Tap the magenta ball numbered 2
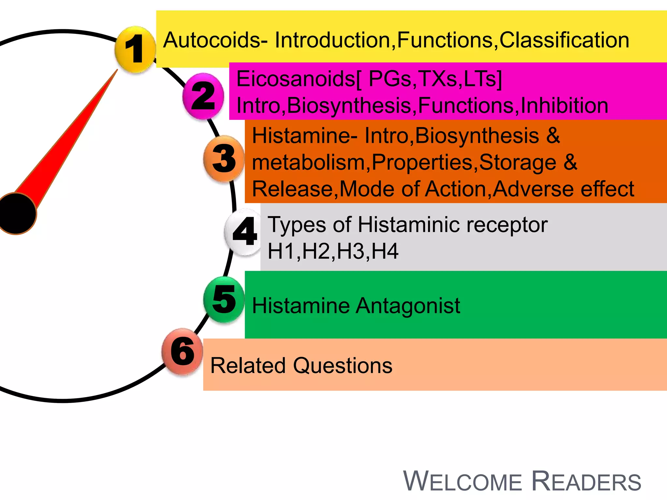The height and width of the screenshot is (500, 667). [x=203, y=96]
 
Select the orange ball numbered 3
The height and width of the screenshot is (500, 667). [x=224, y=159]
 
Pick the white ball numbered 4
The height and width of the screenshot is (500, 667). [x=244, y=232]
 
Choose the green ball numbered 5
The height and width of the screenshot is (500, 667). [x=224, y=299]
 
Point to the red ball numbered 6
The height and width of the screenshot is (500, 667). [x=182, y=352]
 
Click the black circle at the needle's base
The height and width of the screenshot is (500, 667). [x=16, y=214]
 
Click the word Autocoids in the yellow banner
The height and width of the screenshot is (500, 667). [x=212, y=40]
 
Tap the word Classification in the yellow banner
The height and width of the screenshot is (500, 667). [x=564, y=40]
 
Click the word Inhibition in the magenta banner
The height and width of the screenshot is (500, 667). [x=564, y=105]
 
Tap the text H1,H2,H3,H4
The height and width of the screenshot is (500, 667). [x=333, y=251]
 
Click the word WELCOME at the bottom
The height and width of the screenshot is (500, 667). [x=462, y=482]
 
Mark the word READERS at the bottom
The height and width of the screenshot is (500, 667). [x=586, y=482]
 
